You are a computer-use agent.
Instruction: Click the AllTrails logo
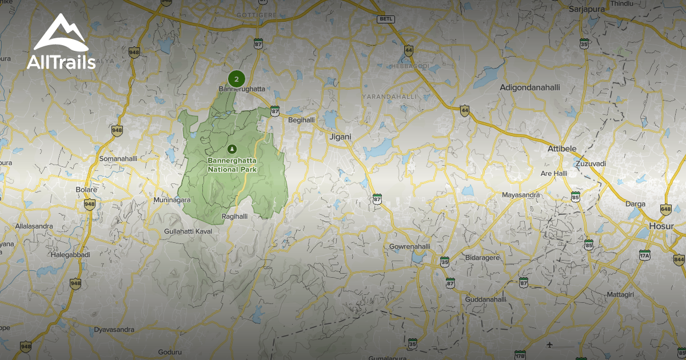tap(61, 43)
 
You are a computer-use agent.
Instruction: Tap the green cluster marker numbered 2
tap(236, 79)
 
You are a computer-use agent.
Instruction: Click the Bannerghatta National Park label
tap(232, 165)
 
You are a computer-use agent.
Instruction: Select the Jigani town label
tap(341, 137)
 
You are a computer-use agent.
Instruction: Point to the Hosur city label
tap(662, 226)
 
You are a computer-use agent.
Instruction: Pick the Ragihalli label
tap(234, 217)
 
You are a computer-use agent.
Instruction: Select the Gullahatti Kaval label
tap(188, 230)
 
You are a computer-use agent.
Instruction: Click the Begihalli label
tap(301, 120)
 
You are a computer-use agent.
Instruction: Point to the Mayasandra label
tap(521, 195)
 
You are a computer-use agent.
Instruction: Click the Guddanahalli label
tap(486, 299)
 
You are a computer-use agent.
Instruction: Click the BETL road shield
tap(386, 19)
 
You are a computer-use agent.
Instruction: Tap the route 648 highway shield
tap(665, 210)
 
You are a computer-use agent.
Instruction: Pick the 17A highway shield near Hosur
tap(645, 255)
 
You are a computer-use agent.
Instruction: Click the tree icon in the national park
tap(232, 149)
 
